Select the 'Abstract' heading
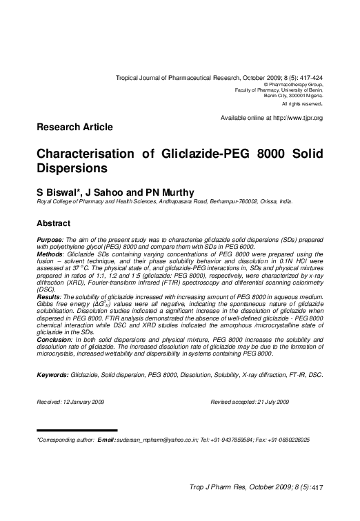point(53,223)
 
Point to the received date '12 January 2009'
point(85,402)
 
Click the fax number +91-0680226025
point(284,439)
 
